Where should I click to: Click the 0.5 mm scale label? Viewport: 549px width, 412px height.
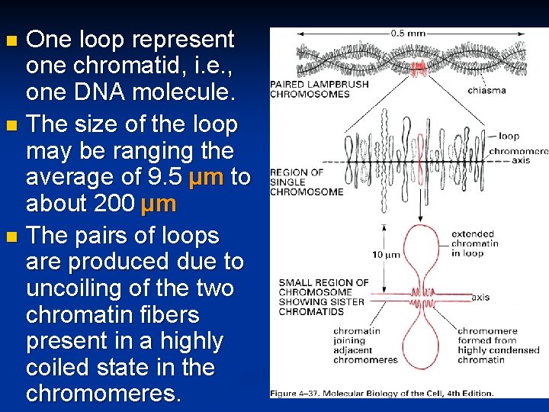pyautogui.click(x=408, y=34)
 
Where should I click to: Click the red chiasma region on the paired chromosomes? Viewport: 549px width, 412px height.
pyautogui.click(x=418, y=69)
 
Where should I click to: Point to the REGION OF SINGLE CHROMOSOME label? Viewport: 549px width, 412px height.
pyautogui.click(x=307, y=182)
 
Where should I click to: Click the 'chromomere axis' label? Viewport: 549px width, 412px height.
pyautogui.click(x=518, y=156)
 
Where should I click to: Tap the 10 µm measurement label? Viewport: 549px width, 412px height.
pyautogui.click(x=387, y=254)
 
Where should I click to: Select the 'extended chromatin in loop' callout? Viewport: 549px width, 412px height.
pyautogui.click(x=474, y=243)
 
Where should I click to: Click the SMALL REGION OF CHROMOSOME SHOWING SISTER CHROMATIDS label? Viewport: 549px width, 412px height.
pyautogui.click(x=323, y=296)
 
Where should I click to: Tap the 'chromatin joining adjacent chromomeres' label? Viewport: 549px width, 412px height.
pyautogui.click(x=365, y=346)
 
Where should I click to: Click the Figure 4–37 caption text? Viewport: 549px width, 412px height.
pyautogui.click(x=381, y=393)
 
